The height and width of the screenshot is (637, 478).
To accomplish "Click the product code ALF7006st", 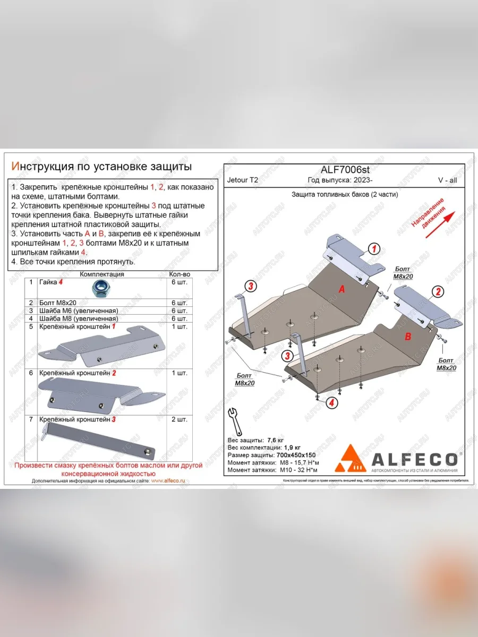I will click(x=345, y=169).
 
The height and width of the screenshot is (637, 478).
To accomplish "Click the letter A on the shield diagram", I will click(x=342, y=289).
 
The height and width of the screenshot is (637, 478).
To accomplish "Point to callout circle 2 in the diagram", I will click(x=438, y=291).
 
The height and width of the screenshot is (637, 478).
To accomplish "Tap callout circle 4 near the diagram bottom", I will click(x=331, y=403).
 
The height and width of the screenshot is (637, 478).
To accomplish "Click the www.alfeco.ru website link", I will click(x=168, y=480).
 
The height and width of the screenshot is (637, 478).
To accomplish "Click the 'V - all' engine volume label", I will click(x=447, y=180).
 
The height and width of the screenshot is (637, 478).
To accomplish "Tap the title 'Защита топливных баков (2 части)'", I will click(x=345, y=194).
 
